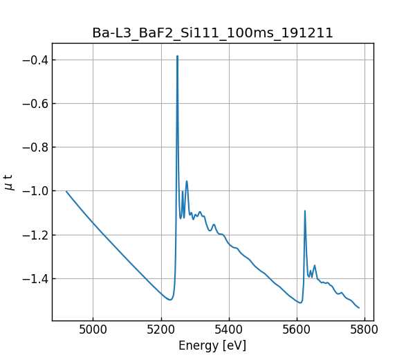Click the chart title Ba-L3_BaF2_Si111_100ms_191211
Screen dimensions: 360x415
click(213, 33)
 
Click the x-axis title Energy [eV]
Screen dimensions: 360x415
click(212, 345)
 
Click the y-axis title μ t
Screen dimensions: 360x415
click(9, 182)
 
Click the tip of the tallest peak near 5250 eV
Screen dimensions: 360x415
click(178, 56)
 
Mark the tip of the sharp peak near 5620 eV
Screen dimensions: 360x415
click(304, 210)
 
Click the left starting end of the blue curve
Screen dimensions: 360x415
click(66, 191)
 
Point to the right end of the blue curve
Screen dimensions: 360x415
click(359, 308)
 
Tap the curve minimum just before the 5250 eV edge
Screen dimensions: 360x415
click(169, 300)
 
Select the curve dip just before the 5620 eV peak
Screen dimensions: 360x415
click(300, 303)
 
